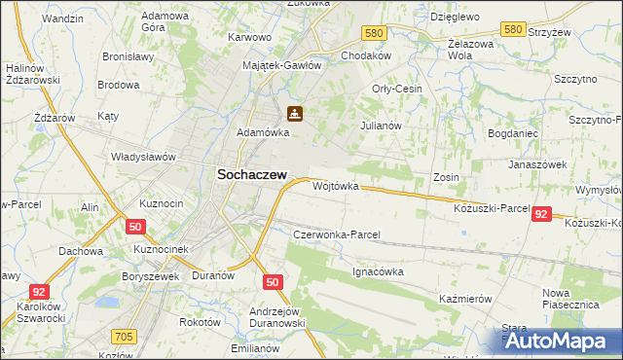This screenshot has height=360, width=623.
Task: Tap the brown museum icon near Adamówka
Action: click(x=295, y=114)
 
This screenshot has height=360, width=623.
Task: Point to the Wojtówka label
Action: click(x=336, y=185)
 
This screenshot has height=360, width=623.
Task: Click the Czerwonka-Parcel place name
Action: click(x=336, y=234)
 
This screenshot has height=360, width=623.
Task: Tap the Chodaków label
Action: click(x=365, y=55)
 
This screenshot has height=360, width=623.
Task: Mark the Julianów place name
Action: click(x=381, y=126)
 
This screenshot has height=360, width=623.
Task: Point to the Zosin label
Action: click(x=447, y=177)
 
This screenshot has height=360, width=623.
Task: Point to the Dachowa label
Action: click(x=81, y=250)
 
